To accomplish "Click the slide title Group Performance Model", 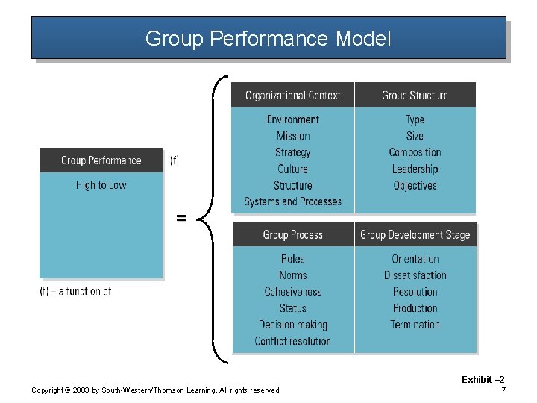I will [268, 38].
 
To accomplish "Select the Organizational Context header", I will [292, 96].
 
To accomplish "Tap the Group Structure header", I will [415, 96].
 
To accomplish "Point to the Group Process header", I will [292, 235].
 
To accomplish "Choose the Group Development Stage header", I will [415, 235].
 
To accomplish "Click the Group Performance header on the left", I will [101, 160].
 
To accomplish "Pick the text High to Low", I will [101, 185].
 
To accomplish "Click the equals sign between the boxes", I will [180, 218].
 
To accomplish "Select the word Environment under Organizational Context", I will [292, 119].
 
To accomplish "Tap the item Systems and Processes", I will [292, 201].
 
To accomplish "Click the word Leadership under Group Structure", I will [415, 169].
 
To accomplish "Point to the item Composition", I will [415, 152].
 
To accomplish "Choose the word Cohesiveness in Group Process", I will [292, 292].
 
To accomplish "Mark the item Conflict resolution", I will [292, 341].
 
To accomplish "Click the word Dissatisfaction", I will [415, 275].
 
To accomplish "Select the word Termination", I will [415, 325].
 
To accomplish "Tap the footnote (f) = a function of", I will [75, 291].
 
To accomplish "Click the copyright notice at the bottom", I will [156, 390].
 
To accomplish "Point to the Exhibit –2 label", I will [483, 380].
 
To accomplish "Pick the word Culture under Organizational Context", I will [292, 169].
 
